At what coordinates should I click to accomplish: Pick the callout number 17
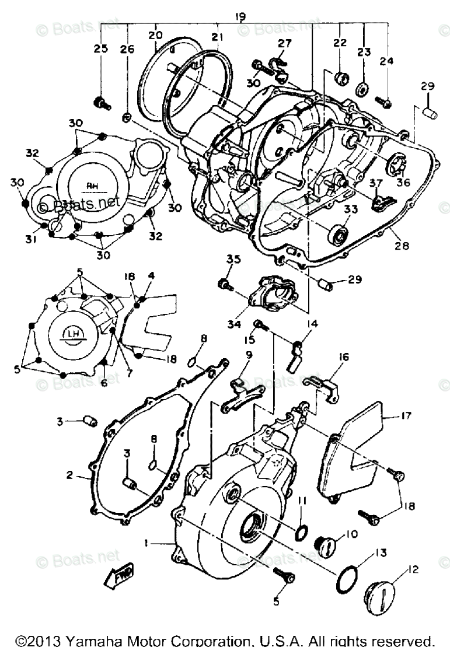tap(406, 416)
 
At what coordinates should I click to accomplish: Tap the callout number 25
tap(100, 50)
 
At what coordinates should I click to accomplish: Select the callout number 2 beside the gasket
tap(70, 475)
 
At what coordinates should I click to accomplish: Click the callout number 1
tap(147, 543)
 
